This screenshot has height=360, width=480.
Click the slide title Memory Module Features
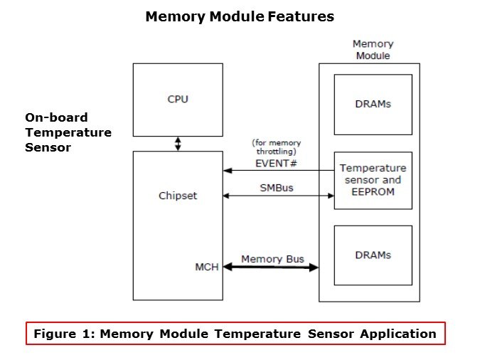coord(240,16)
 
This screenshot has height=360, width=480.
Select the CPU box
coord(177,99)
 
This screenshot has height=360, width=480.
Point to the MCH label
coord(206,267)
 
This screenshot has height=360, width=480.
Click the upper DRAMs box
coord(373,104)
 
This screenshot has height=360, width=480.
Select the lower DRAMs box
coord(373,255)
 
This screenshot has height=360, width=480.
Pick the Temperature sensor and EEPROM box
coord(373,180)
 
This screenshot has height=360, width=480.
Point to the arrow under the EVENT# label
coord(277,171)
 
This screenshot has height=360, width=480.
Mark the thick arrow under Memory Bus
coord(270,268)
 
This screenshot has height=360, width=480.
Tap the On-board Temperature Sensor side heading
coord(68,132)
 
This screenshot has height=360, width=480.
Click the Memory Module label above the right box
coord(373,49)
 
